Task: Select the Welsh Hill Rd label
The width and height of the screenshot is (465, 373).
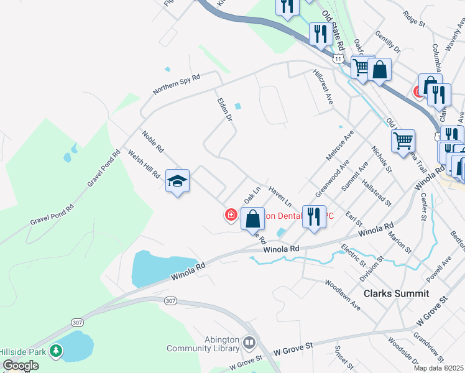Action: click(144, 164)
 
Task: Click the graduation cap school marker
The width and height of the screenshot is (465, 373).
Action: click(177, 181)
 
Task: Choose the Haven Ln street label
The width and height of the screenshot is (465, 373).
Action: click(280, 195)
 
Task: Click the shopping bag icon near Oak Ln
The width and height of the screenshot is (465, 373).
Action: click(252, 219)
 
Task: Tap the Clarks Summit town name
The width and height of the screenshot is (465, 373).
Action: click(396, 293)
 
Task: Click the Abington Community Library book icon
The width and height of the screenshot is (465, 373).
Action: click(249, 343)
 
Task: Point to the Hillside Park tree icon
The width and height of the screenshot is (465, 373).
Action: click(57, 351)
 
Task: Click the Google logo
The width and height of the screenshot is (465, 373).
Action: click(21, 366)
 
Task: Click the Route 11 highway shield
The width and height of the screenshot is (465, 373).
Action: click(337, 58)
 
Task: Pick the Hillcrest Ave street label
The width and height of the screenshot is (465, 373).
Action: click(323, 87)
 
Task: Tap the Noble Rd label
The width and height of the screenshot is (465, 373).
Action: click(152, 142)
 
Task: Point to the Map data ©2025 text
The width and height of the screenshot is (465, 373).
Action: click(438, 368)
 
